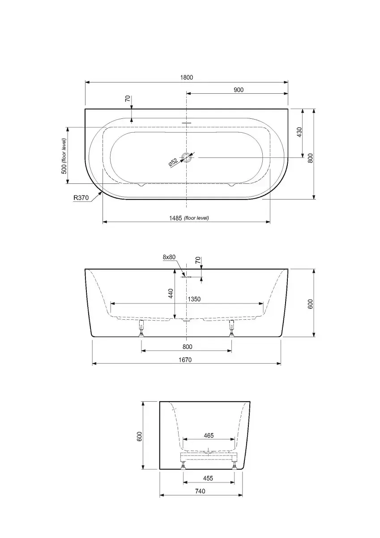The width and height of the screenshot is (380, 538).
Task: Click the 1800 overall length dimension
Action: (x=187, y=77)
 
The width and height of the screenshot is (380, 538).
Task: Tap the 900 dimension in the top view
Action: (x=239, y=90)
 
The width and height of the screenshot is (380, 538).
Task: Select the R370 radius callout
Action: (x=81, y=198)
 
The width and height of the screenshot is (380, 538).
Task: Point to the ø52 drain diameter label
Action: (x=173, y=162)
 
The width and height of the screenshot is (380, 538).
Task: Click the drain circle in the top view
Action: (x=186, y=157)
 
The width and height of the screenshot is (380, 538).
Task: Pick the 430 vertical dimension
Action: (x=299, y=132)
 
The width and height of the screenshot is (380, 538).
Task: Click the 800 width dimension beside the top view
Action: (x=311, y=158)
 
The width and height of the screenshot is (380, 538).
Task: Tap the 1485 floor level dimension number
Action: (x=175, y=218)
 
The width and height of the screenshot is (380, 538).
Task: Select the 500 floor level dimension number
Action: (x=64, y=170)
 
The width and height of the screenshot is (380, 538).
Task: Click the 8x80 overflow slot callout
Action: (x=169, y=257)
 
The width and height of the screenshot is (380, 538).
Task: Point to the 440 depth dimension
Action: (x=171, y=294)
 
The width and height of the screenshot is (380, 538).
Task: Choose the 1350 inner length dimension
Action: (x=194, y=299)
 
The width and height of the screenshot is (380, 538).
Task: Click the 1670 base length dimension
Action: (x=185, y=360)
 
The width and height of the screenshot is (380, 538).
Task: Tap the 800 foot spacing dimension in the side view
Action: (x=187, y=347)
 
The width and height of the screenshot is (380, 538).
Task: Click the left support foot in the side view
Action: (x=141, y=328)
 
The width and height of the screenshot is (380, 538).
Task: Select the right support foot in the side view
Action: (x=231, y=328)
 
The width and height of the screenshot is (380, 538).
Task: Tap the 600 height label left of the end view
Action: (x=140, y=436)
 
